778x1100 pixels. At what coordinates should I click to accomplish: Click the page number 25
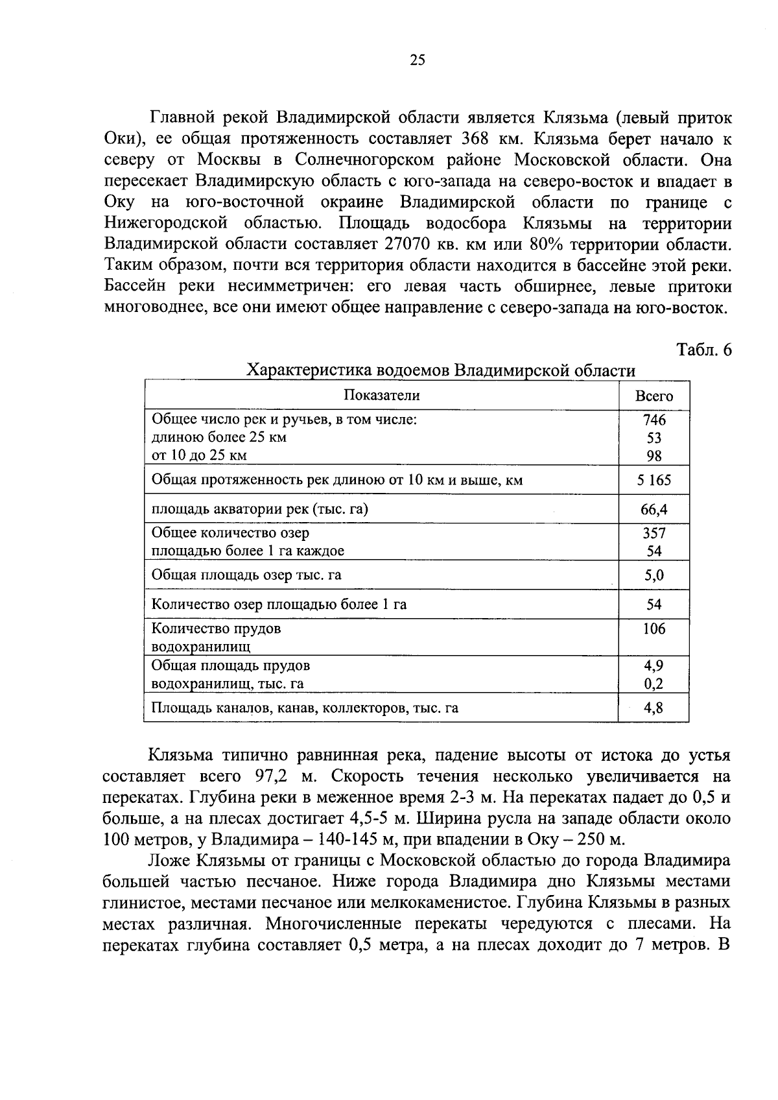(418, 60)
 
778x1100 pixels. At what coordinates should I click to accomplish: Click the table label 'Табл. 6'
(704, 350)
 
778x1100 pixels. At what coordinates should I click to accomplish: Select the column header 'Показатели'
(381, 396)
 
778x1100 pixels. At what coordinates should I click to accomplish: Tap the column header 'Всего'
(654, 396)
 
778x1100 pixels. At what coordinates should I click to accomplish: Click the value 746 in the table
(654, 420)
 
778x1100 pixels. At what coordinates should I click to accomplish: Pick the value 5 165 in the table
(654, 481)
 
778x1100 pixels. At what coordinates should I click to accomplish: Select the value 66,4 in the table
(654, 510)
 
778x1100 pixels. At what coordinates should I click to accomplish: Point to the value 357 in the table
(654, 533)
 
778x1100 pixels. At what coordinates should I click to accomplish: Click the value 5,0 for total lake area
(654, 575)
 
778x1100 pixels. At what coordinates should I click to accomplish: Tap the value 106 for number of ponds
(654, 628)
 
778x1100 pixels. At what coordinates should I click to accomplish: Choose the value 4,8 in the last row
(654, 708)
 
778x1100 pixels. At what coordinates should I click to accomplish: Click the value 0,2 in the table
(654, 684)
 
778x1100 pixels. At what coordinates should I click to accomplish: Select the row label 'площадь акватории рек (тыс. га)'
(259, 509)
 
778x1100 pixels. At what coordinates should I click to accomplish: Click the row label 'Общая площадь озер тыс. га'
(246, 575)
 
